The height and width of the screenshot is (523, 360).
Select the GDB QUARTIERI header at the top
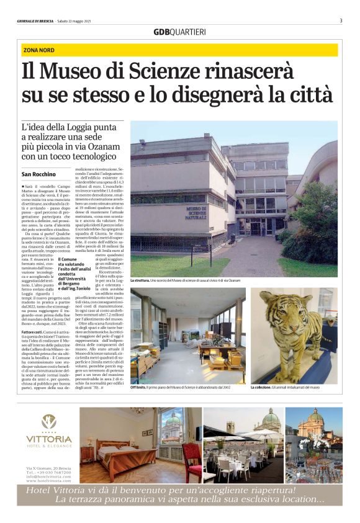click(179, 32)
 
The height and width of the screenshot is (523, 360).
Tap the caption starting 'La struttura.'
click(184, 280)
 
